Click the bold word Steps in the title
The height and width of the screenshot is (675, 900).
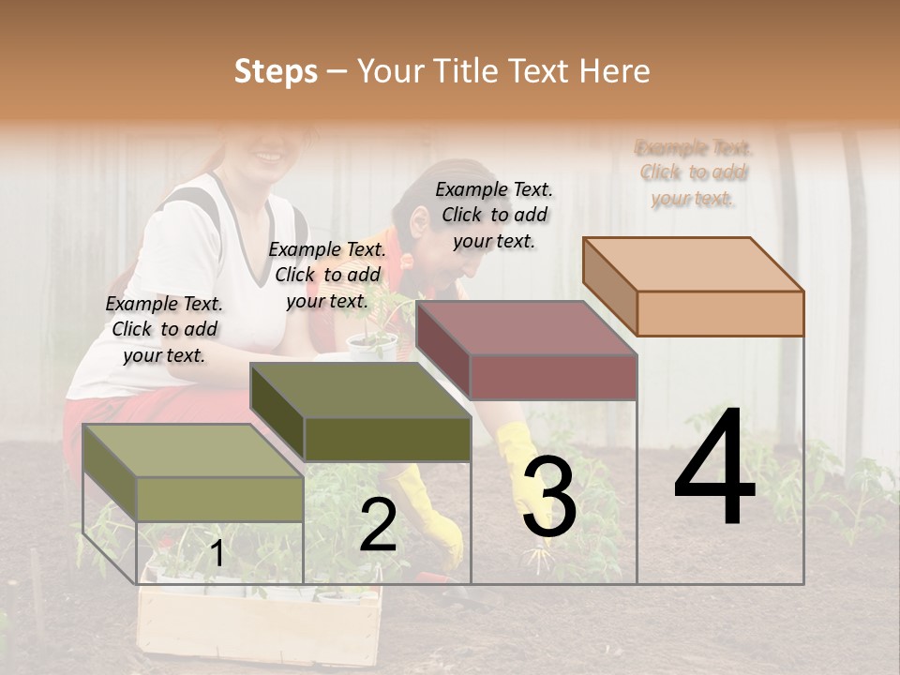(276, 71)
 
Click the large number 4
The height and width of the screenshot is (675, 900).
(714, 468)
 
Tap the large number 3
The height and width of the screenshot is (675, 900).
(548, 498)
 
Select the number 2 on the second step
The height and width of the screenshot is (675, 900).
(378, 525)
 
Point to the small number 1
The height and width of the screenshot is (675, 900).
(217, 554)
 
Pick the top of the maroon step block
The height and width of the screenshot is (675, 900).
(526, 327)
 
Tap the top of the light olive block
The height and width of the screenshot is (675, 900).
(193, 451)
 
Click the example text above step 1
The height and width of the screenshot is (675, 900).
(164, 329)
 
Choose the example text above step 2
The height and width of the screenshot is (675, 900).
(327, 275)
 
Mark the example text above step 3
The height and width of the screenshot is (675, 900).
(494, 215)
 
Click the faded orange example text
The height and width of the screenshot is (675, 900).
(694, 172)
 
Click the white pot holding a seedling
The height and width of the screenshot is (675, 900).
(371, 345)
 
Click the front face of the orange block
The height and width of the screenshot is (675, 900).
(720, 313)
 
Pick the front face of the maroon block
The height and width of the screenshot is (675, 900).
(553, 377)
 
